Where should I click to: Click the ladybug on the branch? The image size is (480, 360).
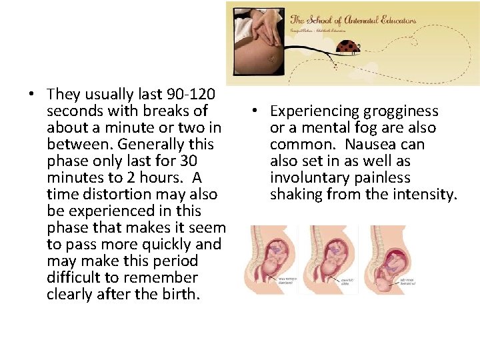pos(348,47)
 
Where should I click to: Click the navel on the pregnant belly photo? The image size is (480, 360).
pos(271,59)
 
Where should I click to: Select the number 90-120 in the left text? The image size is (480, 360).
pos(193,94)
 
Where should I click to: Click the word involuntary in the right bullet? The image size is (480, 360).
pos(307,177)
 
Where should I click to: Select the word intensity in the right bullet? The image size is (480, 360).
pos(427,194)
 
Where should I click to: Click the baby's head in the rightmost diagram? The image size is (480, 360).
pos(383,283)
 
